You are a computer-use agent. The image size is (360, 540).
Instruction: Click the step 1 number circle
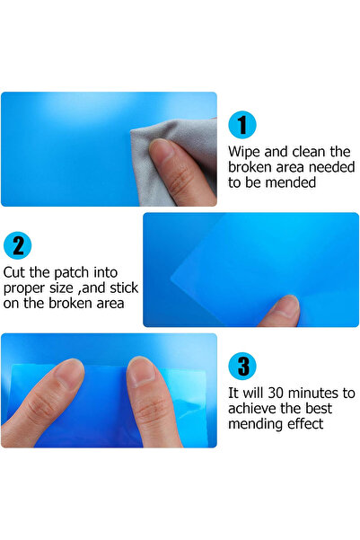242,125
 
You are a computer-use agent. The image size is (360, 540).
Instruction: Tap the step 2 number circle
17,245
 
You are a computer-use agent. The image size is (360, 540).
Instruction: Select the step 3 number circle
242,366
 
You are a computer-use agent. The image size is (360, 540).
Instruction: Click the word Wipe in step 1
243,152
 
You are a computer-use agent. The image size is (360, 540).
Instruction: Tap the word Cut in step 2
14,272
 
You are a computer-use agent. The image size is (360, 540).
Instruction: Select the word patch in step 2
72,273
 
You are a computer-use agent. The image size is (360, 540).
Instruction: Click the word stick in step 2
124,288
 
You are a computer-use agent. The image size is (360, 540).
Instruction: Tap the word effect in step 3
305,424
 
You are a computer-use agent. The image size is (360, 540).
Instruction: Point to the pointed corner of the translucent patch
171,276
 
